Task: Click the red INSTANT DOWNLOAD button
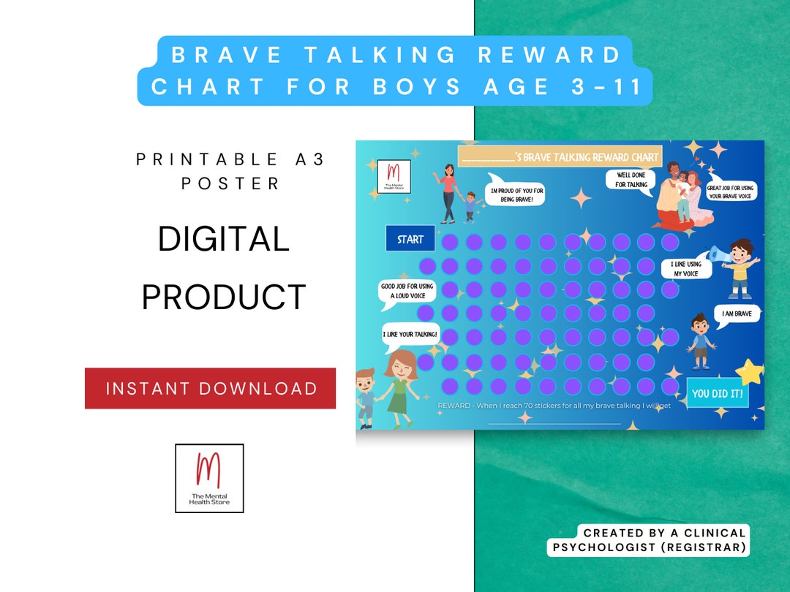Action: pos(211,388)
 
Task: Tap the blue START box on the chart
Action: pos(410,239)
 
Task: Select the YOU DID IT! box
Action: pos(717,393)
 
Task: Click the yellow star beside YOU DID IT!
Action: pos(749,372)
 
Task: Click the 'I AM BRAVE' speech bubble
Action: pos(737,314)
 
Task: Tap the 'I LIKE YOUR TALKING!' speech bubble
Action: pos(410,335)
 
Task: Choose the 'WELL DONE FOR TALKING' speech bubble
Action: pos(631,180)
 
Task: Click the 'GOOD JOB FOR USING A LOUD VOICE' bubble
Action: pos(407,291)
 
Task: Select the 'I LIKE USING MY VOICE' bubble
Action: pos(685,269)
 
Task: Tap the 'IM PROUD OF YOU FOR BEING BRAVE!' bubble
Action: pos(516,194)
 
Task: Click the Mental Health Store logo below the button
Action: pos(209,478)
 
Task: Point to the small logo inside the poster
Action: pos(394,177)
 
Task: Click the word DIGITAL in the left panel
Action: pos(224,239)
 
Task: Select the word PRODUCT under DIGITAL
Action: pos(224,297)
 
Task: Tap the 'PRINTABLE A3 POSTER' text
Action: pos(230,171)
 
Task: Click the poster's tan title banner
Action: pos(560,156)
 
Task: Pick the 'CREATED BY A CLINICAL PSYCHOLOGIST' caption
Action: pos(650,540)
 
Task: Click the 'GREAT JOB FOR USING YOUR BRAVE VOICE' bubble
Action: pos(731,192)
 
